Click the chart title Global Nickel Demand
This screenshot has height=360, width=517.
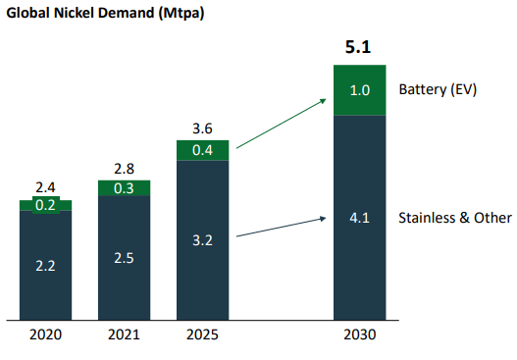(x=80, y=13)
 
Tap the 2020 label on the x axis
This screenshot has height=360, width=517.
(x=45, y=334)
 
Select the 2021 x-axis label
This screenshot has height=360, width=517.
(x=124, y=334)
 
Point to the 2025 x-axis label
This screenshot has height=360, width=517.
(x=202, y=334)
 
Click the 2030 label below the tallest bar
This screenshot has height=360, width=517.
(x=360, y=334)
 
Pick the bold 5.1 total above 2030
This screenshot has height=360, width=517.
(x=358, y=47)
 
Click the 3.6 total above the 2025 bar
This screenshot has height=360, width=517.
(x=202, y=129)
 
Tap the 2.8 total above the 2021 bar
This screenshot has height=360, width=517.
(x=124, y=169)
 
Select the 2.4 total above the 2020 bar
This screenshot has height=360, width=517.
(x=45, y=187)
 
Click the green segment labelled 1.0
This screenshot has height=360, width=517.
(x=360, y=90)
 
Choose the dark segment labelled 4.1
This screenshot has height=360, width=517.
(x=360, y=218)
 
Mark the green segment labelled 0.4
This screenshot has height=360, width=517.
(x=202, y=150)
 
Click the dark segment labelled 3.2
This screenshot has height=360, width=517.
(x=202, y=240)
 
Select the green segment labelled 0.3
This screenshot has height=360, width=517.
(x=124, y=188)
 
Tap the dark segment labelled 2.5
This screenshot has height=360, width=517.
(x=124, y=258)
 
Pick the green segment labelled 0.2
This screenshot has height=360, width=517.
(x=45, y=205)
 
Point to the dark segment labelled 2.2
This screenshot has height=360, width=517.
(x=45, y=266)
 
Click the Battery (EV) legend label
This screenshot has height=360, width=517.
(x=438, y=89)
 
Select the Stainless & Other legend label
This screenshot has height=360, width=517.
(x=455, y=218)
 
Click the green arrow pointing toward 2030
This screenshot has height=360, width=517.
(x=282, y=124)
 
